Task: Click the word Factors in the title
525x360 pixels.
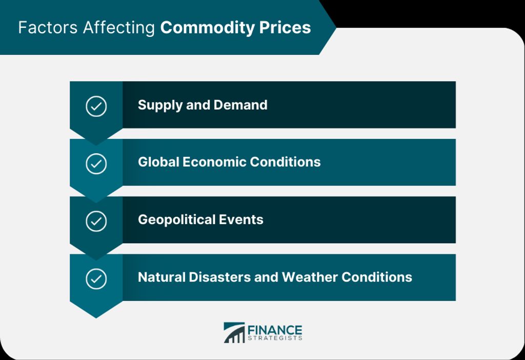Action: point(48,28)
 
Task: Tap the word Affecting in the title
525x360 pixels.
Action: point(119,28)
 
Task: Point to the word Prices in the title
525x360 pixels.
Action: point(285,28)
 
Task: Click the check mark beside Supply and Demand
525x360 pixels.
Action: point(96,107)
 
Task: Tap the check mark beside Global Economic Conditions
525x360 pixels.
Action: point(96,164)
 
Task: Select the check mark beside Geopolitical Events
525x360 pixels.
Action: point(96,222)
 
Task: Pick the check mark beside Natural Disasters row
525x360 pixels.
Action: point(96,279)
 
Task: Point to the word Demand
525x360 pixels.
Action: point(240,105)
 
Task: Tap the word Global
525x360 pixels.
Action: point(158,162)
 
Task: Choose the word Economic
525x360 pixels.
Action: point(214,162)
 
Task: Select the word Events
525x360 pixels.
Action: point(241,219)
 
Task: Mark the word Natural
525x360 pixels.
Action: point(161,277)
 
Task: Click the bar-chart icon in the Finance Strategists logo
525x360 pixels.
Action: point(234,332)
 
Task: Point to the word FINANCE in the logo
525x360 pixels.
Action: point(275,330)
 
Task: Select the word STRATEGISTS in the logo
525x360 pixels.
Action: point(275,338)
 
